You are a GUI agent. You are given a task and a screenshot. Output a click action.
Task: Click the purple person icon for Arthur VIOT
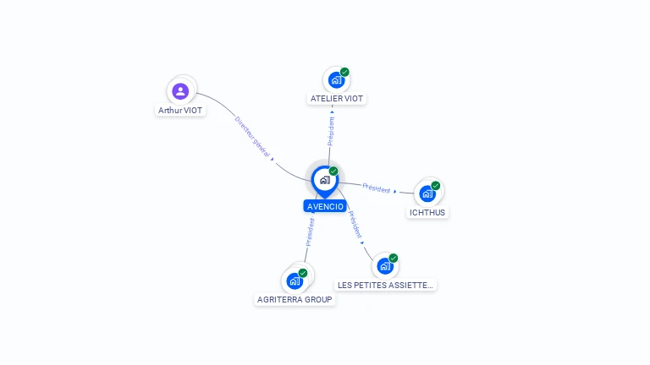click(x=180, y=90)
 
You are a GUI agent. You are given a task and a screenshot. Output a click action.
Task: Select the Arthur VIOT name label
click(x=181, y=111)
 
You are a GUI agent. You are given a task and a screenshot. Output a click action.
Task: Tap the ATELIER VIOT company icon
click(x=336, y=80)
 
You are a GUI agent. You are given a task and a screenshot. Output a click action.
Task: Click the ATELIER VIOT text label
click(x=336, y=99)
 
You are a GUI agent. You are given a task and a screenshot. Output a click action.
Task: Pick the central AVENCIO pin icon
click(x=324, y=179)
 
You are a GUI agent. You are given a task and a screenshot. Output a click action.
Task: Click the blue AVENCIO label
click(x=325, y=206)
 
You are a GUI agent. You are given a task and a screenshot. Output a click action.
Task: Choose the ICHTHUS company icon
click(x=427, y=193)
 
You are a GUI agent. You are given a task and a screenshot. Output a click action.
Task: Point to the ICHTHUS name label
click(x=427, y=213)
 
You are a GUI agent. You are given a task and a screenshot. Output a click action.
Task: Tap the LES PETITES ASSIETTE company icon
click(x=385, y=266)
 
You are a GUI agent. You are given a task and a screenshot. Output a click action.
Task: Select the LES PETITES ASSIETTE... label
click(x=385, y=286)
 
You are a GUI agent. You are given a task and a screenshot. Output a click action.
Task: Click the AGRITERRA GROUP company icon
click(x=295, y=281)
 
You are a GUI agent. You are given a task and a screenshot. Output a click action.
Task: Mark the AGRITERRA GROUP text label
click(x=295, y=300)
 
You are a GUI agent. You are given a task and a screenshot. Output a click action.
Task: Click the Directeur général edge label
click(x=252, y=136)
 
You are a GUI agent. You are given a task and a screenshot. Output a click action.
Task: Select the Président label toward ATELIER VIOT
click(x=332, y=131)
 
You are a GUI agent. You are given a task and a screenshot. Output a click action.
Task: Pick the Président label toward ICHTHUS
click(x=376, y=188)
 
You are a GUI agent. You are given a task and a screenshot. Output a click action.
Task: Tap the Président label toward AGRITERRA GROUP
click(x=310, y=232)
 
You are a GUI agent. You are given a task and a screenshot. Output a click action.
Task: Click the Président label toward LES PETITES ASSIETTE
click(x=355, y=224)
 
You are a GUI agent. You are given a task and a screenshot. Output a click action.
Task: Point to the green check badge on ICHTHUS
click(x=436, y=185)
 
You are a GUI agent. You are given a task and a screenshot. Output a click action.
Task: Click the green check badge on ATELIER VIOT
click(x=344, y=72)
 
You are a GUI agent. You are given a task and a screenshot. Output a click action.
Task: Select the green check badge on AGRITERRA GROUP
click(x=303, y=273)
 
